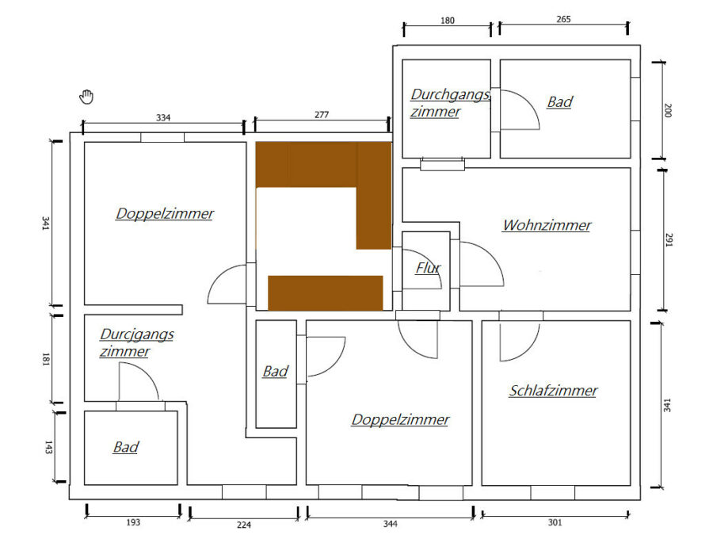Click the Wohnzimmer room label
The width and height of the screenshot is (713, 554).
pos(547,225)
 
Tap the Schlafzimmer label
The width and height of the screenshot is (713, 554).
pos(553,391)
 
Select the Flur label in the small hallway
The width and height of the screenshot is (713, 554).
pos(428,269)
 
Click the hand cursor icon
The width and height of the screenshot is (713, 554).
pos(86,97)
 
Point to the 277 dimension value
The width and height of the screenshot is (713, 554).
pos(322,115)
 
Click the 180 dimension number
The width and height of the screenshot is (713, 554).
pos(448,21)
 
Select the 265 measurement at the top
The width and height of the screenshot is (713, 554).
pos(563,19)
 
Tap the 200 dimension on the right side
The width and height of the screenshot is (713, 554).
pos(668,110)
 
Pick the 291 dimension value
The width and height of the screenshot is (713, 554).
pos(669,239)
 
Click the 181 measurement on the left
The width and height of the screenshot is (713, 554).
pos(45,359)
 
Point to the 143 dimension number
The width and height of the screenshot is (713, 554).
pos(48,447)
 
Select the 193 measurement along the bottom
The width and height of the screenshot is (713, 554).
pos(133,522)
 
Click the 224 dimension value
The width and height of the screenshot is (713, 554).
pos(244,525)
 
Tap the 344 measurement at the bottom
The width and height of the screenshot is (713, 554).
pos(390,524)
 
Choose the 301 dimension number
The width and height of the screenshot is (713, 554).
pos(555,522)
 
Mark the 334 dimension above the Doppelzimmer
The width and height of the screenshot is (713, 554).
pos(163,117)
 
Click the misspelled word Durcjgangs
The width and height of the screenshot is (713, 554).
pos(137,334)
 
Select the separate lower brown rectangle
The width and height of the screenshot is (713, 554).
pos(325,293)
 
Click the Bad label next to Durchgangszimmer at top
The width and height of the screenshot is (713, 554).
pos(560,102)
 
